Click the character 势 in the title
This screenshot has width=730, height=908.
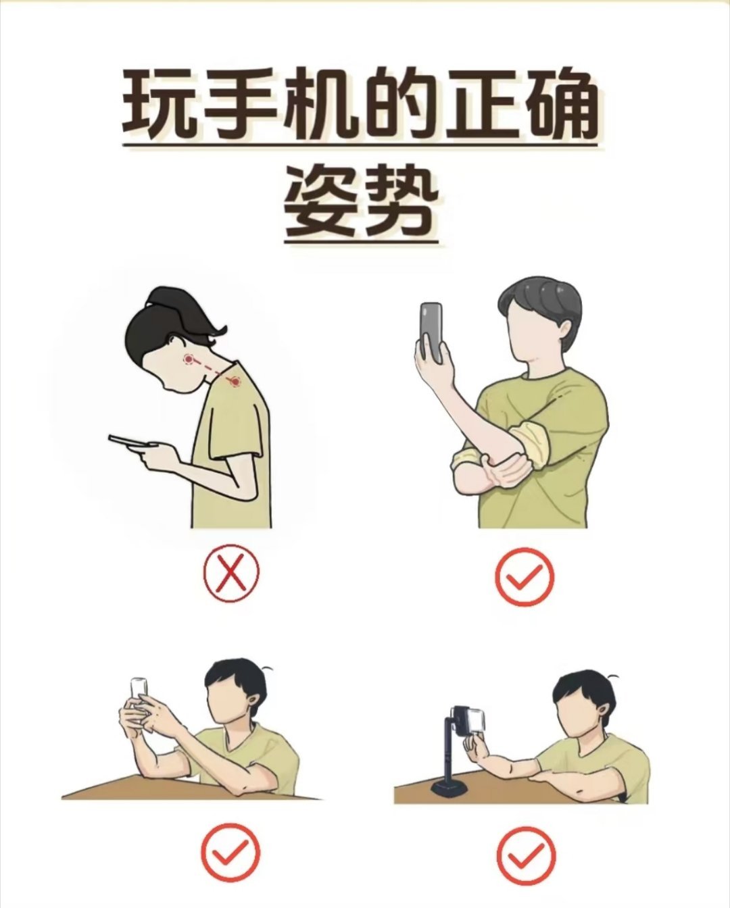pyautogui.click(x=400, y=202)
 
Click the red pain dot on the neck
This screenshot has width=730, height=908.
pyautogui.click(x=189, y=359)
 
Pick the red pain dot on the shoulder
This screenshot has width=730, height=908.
pyautogui.click(x=235, y=382)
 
